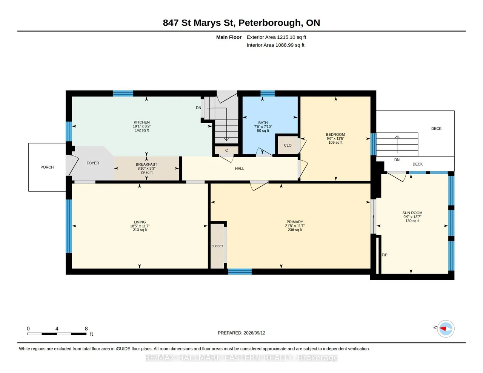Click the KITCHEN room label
(142, 122)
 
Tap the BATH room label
(263, 123)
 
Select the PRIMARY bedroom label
(295, 222)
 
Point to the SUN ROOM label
(412, 213)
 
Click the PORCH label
(47, 167)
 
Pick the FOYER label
(93, 163)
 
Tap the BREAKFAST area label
(146, 164)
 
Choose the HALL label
(240, 169)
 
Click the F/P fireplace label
(384, 255)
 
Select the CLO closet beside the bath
(288, 145)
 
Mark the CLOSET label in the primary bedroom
(217, 246)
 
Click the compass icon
(445, 329)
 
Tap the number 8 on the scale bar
(86, 328)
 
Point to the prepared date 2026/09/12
(254, 333)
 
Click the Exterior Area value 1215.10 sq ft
(291, 37)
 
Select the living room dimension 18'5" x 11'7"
(140, 226)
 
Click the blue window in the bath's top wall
(268, 93)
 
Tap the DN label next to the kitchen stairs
(198, 108)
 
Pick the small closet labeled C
(226, 150)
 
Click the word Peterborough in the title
(270, 23)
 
